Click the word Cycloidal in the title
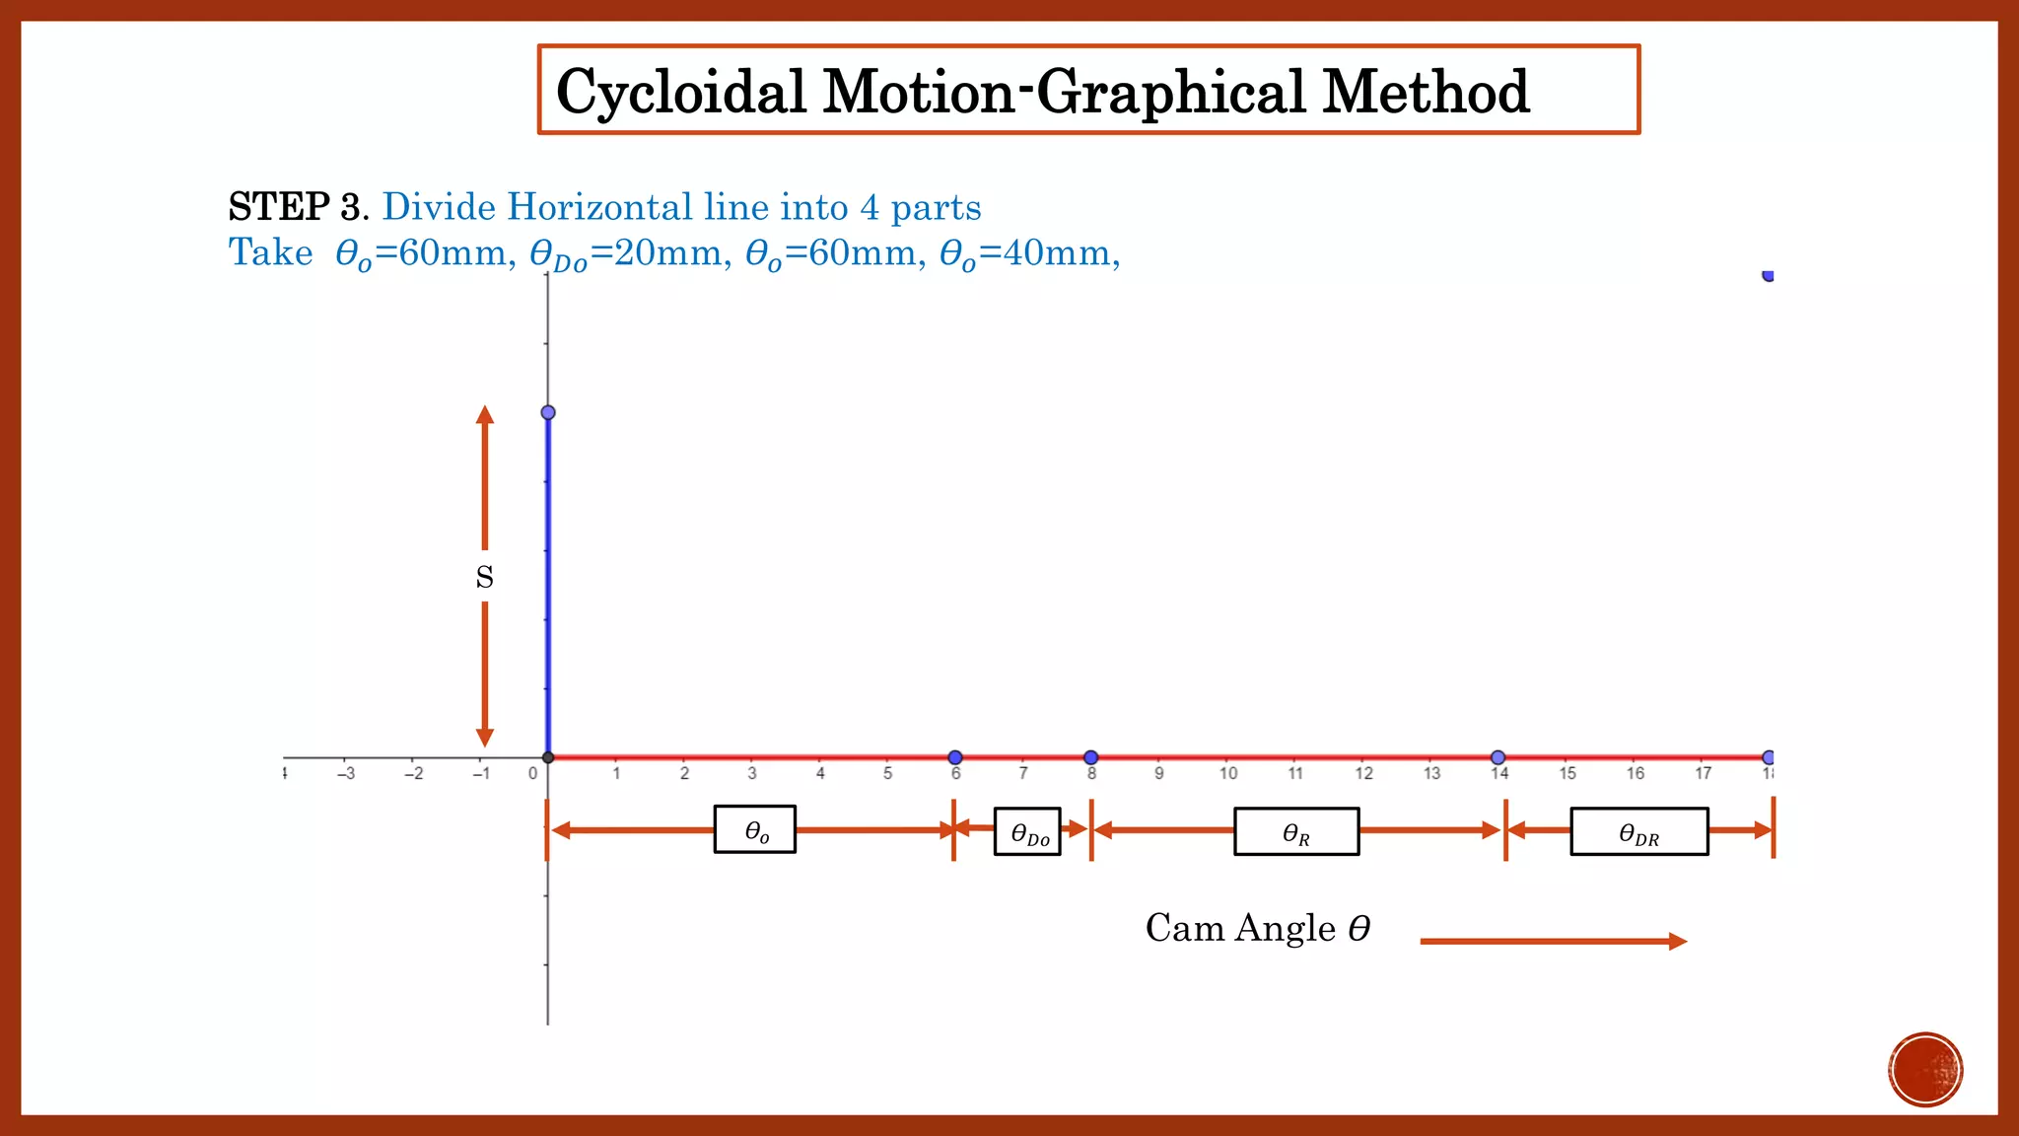[x=680, y=93]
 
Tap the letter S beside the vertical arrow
[x=484, y=577]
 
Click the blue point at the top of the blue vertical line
[x=548, y=412]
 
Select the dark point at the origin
[x=548, y=757]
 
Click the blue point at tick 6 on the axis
[x=954, y=757]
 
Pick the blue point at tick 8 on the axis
[x=1090, y=757]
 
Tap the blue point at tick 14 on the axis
[x=1497, y=757]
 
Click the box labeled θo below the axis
[x=755, y=830]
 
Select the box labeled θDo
[x=1027, y=832]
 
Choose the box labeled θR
[x=1296, y=831]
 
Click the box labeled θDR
[x=1638, y=832]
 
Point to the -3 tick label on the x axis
[x=345, y=774]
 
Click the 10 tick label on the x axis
[x=1227, y=774]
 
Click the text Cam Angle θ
[x=1257, y=929]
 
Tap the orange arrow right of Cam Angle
[x=1553, y=942]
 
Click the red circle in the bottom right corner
[x=1925, y=1070]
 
